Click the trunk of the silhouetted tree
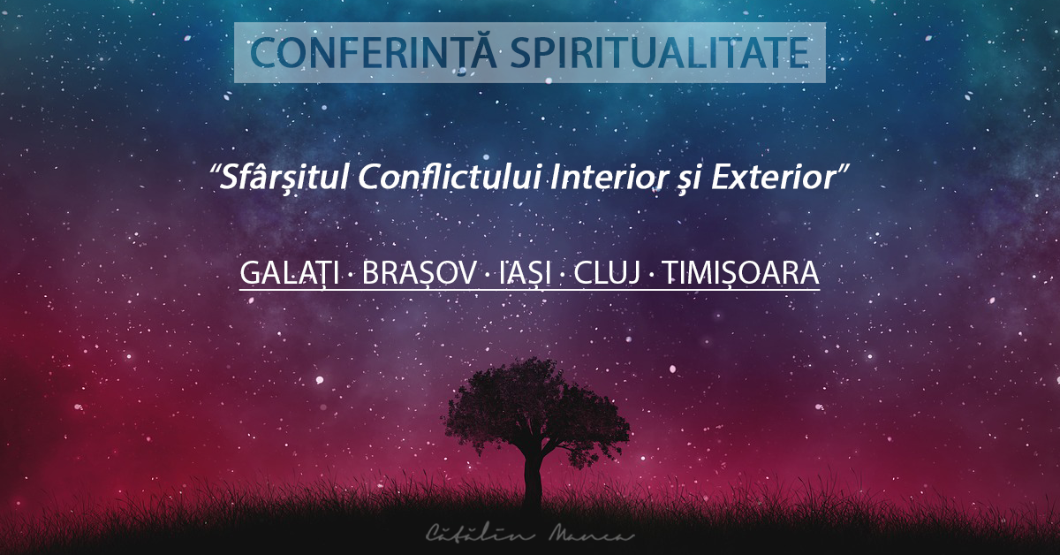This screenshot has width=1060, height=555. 533,482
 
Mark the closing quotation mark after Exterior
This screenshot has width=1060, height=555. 843,169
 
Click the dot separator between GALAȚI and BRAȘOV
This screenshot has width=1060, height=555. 351,275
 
